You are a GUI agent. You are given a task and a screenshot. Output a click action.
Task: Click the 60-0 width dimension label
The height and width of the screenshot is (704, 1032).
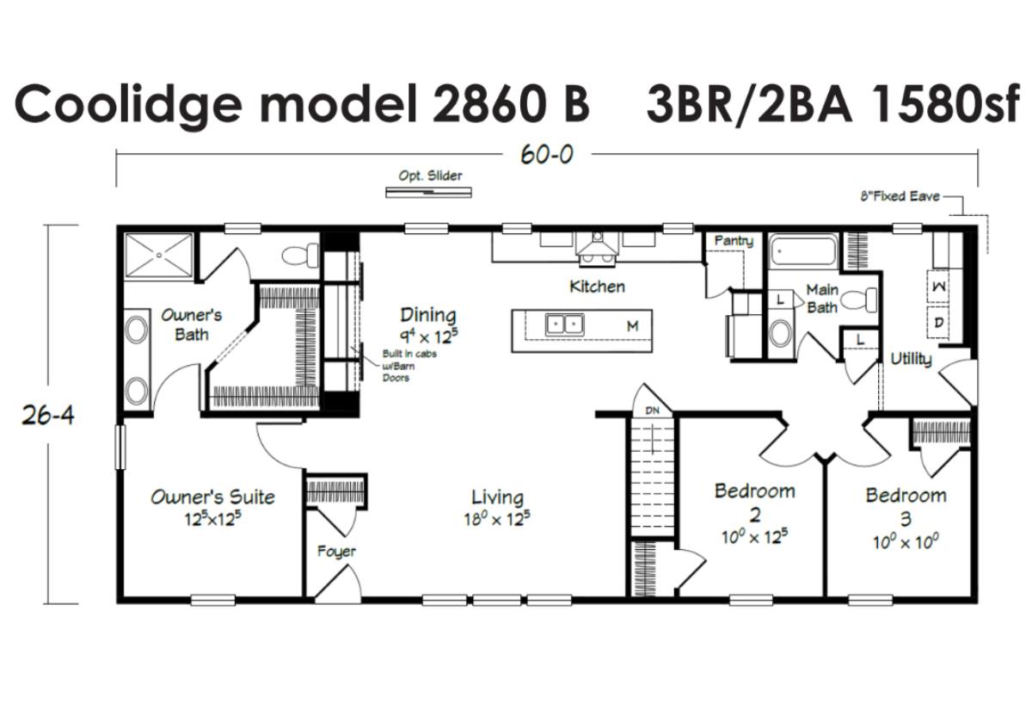(547, 154)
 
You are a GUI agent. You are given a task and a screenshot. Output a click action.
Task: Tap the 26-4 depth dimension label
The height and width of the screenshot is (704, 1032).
(48, 416)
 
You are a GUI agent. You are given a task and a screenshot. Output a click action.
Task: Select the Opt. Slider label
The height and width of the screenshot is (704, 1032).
(430, 176)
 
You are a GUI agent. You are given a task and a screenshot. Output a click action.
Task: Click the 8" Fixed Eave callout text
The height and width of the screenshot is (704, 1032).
(900, 196)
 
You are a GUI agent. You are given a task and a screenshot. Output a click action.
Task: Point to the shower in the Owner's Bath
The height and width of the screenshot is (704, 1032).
(159, 255)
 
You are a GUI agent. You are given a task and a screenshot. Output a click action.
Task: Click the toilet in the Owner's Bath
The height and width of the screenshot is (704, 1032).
(300, 255)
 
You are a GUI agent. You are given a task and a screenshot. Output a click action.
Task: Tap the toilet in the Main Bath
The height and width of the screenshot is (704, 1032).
(859, 300)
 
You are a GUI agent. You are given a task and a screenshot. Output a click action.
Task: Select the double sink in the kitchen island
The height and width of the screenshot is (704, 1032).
(565, 324)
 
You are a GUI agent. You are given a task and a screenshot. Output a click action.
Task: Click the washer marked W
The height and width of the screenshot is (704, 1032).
(938, 287)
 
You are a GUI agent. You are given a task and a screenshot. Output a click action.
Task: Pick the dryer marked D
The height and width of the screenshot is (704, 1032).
(938, 323)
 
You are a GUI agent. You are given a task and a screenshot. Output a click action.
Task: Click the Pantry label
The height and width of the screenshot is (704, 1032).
(734, 241)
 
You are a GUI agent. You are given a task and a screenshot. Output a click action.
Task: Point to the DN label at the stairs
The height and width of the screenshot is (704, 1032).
(653, 411)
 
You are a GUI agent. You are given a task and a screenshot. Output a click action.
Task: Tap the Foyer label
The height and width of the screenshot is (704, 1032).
(336, 552)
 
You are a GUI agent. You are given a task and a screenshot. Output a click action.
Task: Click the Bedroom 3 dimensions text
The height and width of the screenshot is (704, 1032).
(906, 542)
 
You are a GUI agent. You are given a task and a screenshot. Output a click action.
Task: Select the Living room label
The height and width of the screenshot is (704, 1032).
(498, 497)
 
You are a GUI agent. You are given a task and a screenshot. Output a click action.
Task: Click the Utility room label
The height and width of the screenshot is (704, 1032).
(911, 359)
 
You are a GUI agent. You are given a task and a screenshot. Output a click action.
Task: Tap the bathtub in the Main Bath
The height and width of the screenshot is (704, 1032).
(804, 251)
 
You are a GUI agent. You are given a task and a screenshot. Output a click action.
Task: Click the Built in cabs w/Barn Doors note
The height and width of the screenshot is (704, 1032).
(409, 366)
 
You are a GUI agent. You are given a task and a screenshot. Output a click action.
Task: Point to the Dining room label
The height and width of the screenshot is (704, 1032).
(428, 315)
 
